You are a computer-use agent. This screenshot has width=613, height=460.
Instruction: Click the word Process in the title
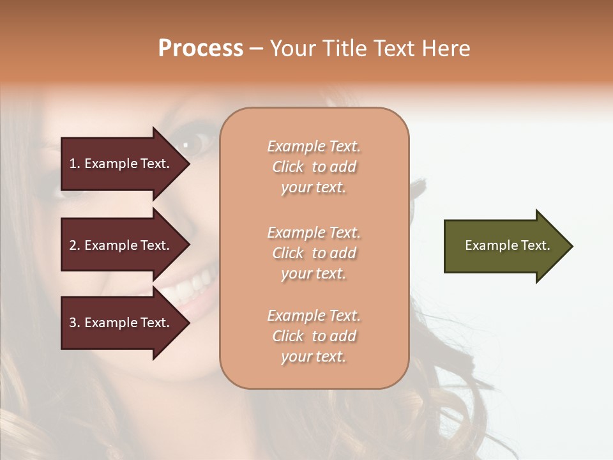[201, 49]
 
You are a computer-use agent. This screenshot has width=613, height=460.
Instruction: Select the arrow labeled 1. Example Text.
[121, 164]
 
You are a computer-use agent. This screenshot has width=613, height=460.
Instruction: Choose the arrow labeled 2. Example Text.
[121, 245]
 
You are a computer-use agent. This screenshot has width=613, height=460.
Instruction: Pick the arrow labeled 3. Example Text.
[121, 323]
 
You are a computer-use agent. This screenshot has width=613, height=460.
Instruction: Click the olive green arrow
[504, 245]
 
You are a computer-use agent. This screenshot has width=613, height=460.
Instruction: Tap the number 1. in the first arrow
[75, 164]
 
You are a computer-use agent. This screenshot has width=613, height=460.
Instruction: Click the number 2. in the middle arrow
[75, 245]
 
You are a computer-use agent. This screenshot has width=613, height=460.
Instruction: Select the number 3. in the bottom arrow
[75, 323]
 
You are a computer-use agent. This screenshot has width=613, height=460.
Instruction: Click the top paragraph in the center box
[314, 167]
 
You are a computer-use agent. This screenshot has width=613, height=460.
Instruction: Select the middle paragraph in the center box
[314, 253]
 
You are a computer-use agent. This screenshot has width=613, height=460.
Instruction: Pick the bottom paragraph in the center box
[314, 336]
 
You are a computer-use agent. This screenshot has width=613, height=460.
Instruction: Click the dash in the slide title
[256, 49]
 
